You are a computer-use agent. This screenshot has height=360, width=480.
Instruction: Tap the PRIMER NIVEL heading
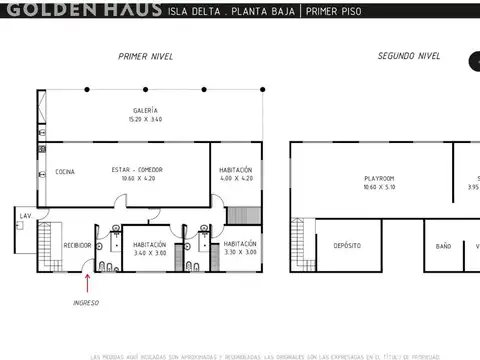coord(146,57)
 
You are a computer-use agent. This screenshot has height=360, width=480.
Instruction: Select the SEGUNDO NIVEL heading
coord(408,57)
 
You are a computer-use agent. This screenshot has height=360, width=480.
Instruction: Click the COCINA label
coord(65,171)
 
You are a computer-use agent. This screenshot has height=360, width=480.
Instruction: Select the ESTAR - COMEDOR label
coord(137,170)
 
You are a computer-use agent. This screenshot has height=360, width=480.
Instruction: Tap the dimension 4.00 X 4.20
coord(236,179)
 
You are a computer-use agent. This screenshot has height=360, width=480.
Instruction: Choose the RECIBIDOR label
coord(78,245)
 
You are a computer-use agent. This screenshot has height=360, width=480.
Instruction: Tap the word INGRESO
coord(86,302)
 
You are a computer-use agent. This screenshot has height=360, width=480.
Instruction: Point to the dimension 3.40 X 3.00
coord(150,253)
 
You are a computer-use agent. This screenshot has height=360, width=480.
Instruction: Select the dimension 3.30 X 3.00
coord(240,253)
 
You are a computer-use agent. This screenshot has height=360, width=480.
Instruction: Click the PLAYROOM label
coord(380,178)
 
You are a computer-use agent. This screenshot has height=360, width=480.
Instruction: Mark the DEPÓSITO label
coord(347,245)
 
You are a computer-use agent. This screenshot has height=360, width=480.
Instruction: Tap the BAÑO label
coord(443,245)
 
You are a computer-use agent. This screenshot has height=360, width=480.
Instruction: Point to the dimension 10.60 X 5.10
coord(380,187)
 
